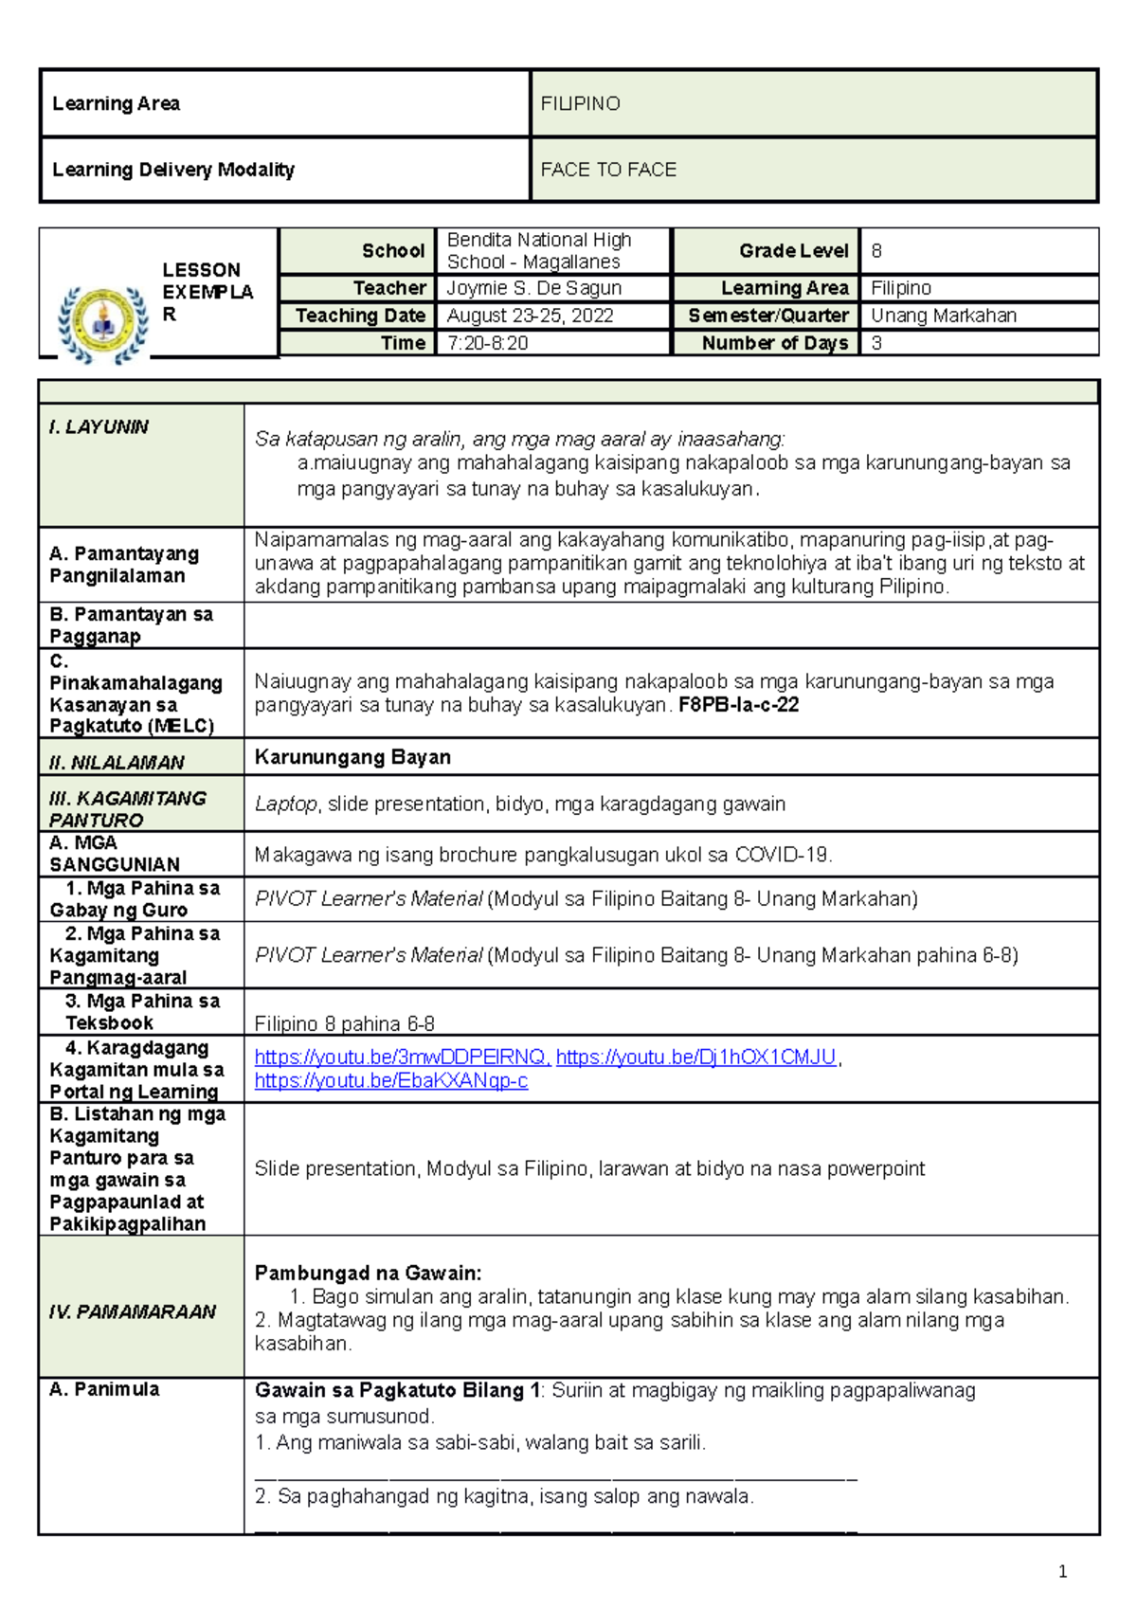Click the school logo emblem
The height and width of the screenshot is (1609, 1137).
click(102, 325)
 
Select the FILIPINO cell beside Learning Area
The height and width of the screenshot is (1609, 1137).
click(580, 103)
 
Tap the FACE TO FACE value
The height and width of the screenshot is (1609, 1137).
click(608, 170)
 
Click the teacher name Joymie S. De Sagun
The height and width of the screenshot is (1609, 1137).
click(533, 288)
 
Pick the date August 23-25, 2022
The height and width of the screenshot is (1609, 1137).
click(530, 316)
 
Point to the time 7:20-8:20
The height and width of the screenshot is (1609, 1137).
click(487, 343)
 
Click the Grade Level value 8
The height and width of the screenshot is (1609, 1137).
click(876, 251)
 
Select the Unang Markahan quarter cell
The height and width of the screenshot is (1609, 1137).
click(943, 316)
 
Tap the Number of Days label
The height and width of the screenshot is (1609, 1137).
click(774, 343)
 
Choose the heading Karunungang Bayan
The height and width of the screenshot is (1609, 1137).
click(352, 757)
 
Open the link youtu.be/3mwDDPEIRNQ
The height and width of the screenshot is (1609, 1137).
click(402, 1057)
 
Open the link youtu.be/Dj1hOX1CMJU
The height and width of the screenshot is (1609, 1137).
click(695, 1057)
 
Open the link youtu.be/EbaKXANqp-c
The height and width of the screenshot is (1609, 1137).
click(390, 1080)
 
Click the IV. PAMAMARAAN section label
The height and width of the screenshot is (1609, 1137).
click(133, 1311)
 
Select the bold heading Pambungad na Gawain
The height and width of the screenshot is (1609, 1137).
click(368, 1273)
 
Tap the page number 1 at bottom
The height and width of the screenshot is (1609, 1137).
click(1062, 1572)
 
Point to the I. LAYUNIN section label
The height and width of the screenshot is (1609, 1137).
click(99, 427)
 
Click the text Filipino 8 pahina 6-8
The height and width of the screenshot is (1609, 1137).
click(344, 1023)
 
